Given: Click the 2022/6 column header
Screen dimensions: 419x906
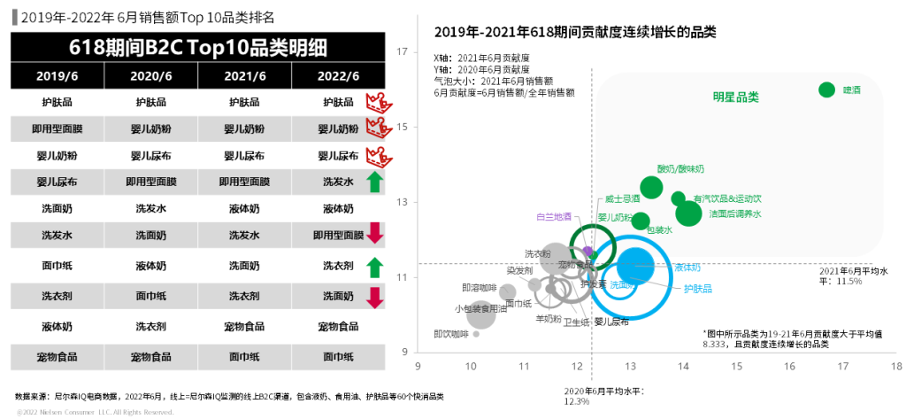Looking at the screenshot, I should click(x=338, y=77).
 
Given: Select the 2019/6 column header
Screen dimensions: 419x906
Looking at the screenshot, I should click(x=55, y=77).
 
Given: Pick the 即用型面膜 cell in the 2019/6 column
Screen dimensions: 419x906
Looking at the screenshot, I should click(x=55, y=129).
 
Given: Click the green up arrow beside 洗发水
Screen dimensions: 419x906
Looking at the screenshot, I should click(x=374, y=183).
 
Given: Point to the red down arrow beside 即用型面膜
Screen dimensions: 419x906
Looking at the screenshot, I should click(x=374, y=234).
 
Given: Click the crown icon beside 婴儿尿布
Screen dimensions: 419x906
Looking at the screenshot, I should click(x=375, y=156).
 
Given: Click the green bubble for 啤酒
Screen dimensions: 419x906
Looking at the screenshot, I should click(x=827, y=89).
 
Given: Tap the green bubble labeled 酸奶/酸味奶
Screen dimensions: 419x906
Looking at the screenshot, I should click(x=651, y=187).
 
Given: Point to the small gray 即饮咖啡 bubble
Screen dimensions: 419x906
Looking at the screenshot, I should click(x=476, y=334).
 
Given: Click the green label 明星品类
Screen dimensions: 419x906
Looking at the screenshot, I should click(x=736, y=97).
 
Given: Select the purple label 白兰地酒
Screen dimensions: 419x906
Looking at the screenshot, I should click(x=554, y=216).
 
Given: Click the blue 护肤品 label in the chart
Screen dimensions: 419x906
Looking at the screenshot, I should click(x=698, y=288).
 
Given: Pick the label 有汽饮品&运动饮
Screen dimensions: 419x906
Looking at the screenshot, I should click(x=727, y=198).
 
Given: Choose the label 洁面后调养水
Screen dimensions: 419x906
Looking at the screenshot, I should click(x=735, y=213).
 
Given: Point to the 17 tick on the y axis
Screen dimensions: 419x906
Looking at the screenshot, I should click(x=402, y=51).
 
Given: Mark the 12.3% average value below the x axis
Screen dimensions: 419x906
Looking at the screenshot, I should click(x=576, y=401).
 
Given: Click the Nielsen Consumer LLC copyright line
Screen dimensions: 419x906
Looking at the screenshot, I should click(x=89, y=412).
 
